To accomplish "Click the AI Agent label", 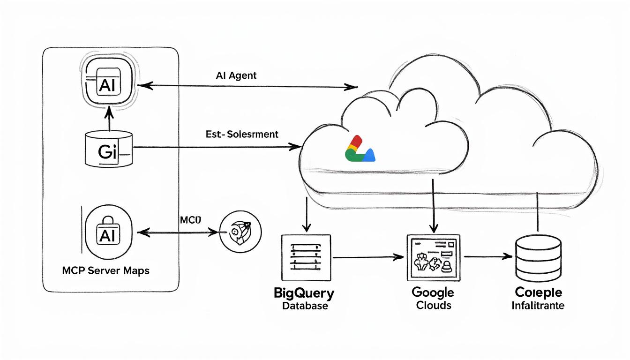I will pyautogui.click(x=236, y=75).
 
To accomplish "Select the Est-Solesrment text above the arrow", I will pyautogui.click(x=242, y=135).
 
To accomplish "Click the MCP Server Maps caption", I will pyautogui.click(x=105, y=271).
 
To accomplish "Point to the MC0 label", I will pyautogui.click(x=190, y=220).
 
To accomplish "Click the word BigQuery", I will pyautogui.click(x=304, y=294).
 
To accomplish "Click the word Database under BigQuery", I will pyautogui.click(x=305, y=306).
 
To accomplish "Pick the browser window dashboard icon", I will pyautogui.click(x=432, y=257).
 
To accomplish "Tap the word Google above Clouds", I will pyautogui.click(x=432, y=292).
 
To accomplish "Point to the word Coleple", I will pyautogui.click(x=538, y=293).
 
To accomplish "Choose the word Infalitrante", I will pyautogui.click(x=538, y=306).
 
